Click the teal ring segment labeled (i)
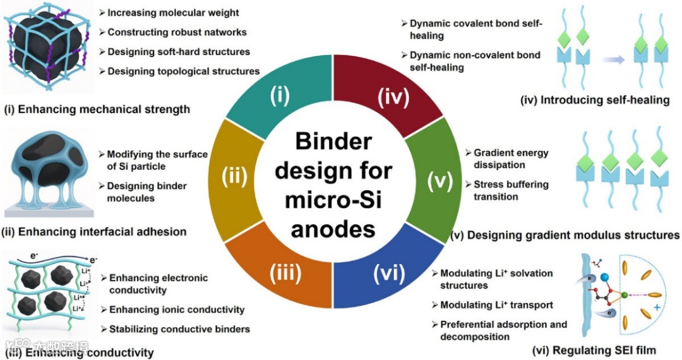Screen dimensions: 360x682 point(279,95)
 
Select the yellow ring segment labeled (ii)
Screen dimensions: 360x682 point(234,179)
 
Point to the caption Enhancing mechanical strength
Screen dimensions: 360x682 point(97,109)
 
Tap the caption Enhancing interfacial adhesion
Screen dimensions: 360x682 point(95,232)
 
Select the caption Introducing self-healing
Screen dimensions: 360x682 point(594,100)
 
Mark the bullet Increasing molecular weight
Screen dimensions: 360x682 point(172,13)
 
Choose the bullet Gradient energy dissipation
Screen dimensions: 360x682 point(511,159)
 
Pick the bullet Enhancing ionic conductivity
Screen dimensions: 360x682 point(176,309)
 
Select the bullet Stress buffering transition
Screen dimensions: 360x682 point(511,190)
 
